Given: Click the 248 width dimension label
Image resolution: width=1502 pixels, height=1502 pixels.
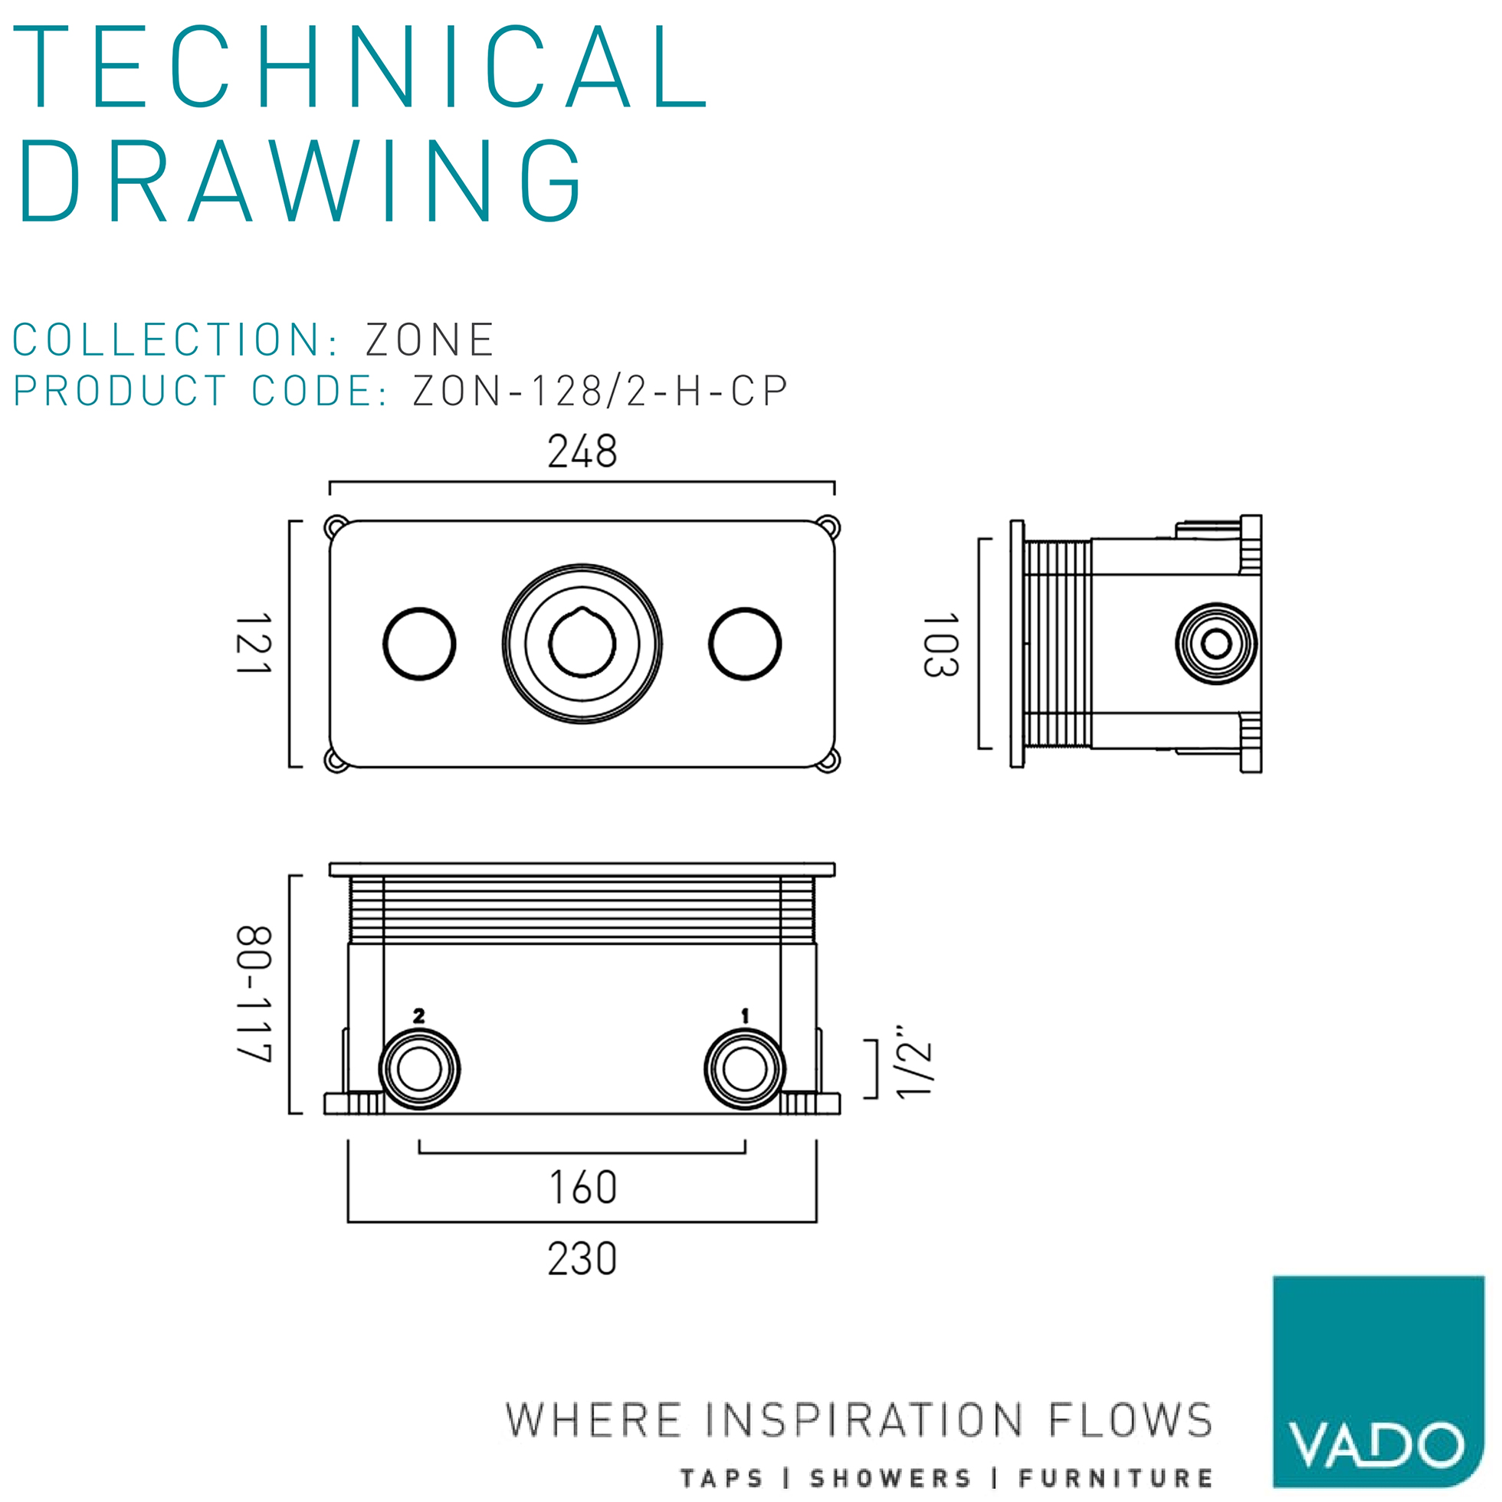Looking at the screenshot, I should tap(582, 451).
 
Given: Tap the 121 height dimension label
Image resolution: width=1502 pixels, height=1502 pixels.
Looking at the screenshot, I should tap(254, 644).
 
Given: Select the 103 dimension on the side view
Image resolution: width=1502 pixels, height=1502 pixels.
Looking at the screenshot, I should tap(941, 645).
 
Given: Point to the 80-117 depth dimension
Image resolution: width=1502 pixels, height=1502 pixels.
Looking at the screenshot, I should tap(254, 995).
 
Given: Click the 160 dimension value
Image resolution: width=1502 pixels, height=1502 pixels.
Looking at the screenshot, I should tap(583, 1188).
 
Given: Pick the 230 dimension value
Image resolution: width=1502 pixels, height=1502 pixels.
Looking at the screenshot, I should tap(582, 1259).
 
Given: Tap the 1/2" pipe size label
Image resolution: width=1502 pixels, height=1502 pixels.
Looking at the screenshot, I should tap(913, 1062).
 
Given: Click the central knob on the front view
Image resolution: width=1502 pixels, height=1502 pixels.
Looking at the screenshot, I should tap(582, 644).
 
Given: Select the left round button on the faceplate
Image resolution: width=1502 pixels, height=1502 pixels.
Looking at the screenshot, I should tap(419, 644).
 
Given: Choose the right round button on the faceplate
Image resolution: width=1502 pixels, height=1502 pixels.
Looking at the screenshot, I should tap(744, 644).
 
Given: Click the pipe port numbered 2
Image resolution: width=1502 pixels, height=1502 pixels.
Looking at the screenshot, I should tap(419, 1069).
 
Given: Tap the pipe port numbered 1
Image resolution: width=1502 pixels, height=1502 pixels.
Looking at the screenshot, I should tap(744, 1069).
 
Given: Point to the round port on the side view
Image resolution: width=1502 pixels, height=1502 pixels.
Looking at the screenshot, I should tap(1216, 644).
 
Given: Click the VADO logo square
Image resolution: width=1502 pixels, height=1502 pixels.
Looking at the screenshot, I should tap(1378, 1381).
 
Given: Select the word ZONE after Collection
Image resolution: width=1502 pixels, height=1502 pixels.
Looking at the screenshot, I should tap(430, 339).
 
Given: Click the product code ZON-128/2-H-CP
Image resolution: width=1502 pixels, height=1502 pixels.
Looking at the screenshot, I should tap(600, 391).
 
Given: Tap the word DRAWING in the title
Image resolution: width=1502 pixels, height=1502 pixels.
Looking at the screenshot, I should tap(300, 182).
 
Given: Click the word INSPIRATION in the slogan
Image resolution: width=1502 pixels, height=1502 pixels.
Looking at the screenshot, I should tap(864, 1420).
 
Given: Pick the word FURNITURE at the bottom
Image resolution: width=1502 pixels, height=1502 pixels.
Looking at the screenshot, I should tap(1116, 1478).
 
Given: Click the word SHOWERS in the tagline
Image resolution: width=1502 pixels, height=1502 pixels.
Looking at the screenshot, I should tap(891, 1478).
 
